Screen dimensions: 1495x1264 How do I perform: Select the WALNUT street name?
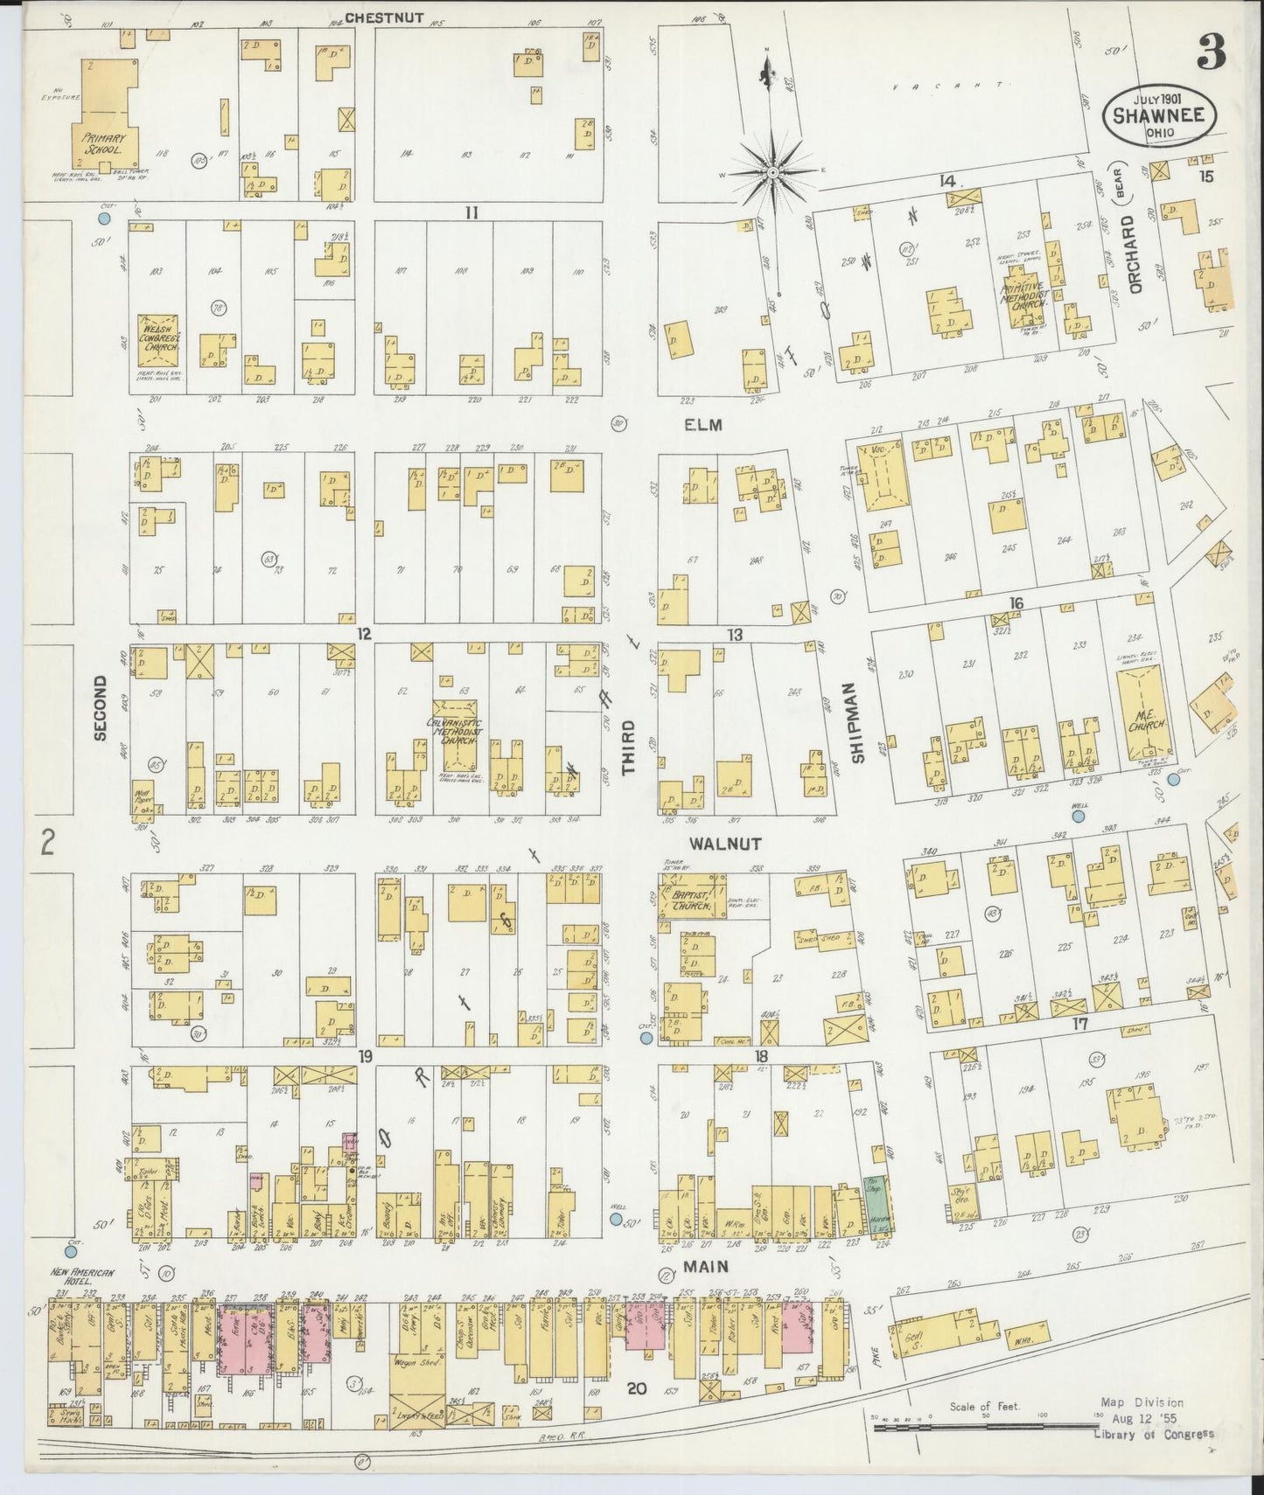click(x=724, y=844)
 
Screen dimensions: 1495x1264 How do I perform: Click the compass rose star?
click(x=772, y=174)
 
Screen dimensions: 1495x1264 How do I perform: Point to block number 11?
click(x=471, y=212)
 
